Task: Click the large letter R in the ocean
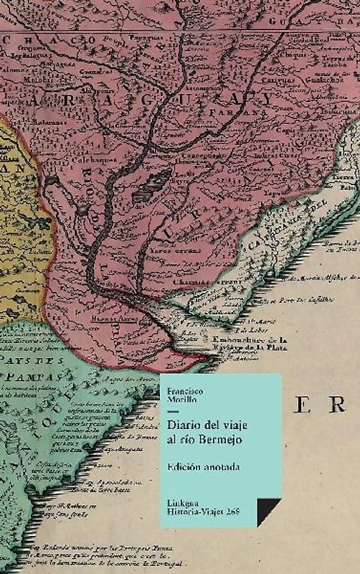tap(336, 406)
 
